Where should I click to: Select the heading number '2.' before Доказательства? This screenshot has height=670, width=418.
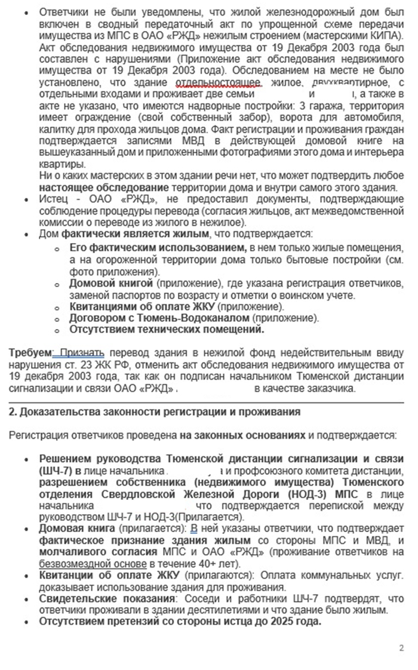point(12,413)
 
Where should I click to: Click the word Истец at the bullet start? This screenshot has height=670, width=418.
point(52,199)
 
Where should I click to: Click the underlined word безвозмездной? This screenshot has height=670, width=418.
point(72,564)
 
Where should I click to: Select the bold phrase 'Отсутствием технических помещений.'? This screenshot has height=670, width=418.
point(167,329)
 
